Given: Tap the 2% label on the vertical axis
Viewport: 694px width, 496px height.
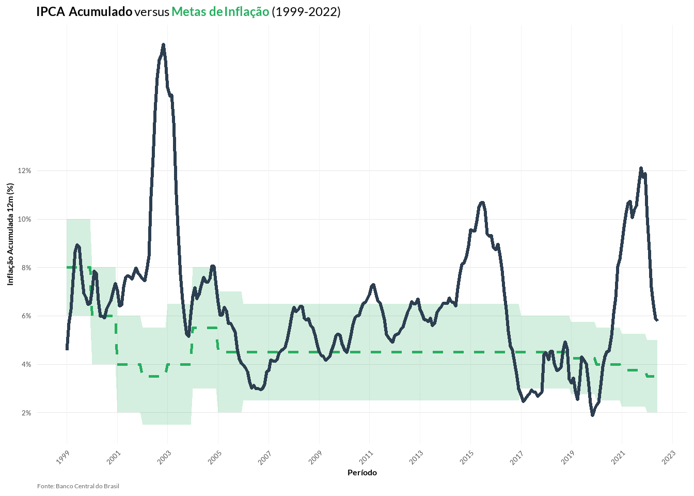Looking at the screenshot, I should point(26,413).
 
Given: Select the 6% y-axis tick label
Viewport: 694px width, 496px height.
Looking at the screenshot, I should point(26,316).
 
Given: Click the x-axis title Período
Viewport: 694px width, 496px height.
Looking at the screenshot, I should point(362,473).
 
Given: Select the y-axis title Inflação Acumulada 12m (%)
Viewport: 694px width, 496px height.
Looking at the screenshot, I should point(10,234).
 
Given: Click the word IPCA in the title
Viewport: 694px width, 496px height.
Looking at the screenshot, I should point(51,11).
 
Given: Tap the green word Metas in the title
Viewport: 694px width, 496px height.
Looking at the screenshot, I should point(189,11).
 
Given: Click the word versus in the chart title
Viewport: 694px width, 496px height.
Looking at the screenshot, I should point(152,11).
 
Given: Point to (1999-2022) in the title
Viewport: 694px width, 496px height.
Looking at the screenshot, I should point(306,11).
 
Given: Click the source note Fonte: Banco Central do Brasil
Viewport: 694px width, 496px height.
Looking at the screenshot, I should point(78,486).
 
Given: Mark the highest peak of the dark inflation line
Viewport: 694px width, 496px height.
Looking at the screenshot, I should point(163,45).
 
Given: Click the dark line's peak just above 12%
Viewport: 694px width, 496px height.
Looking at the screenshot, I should point(641,168).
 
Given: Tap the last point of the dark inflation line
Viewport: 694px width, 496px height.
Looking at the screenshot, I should point(657,320).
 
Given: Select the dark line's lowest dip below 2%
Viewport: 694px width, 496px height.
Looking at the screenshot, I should point(592,415).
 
